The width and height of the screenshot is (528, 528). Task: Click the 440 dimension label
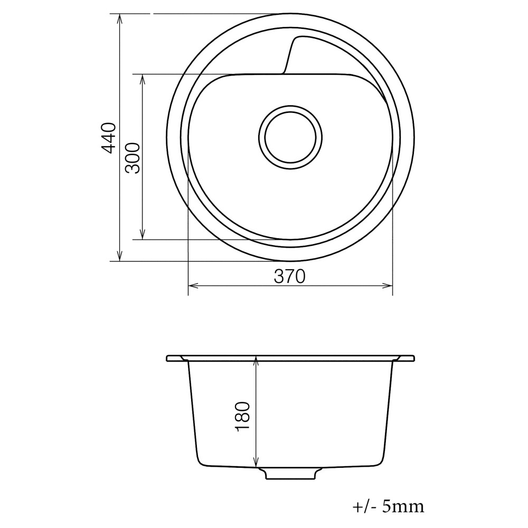tap(109, 138)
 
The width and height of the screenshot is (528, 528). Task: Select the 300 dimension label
tap(133, 158)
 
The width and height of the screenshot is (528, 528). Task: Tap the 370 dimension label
tap(290, 277)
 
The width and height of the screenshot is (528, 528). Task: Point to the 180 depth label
tap(242, 417)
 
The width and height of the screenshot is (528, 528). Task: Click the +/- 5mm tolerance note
tap(388, 506)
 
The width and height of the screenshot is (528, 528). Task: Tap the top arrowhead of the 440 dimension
tap(119, 18)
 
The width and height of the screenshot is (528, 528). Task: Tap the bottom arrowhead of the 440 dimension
tap(119, 256)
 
